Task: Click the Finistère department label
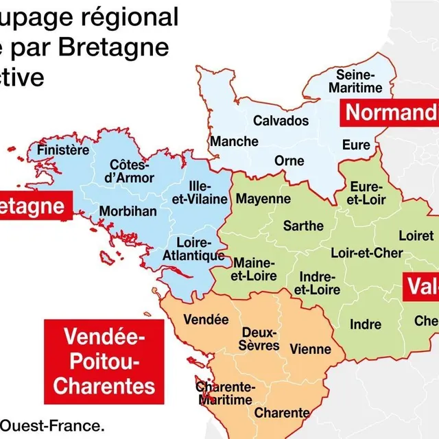[x=63, y=150]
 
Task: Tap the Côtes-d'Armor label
[x=129, y=171]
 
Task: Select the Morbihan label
[x=128, y=211]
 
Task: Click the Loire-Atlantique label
[x=193, y=249]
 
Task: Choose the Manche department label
[x=234, y=142]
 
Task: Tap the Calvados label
[x=281, y=121]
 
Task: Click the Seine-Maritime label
[x=355, y=82]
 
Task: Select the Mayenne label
[x=263, y=199]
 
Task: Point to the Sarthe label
[x=303, y=225]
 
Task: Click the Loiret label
[x=416, y=235]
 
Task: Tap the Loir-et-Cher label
[x=367, y=253]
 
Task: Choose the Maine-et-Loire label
[x=255, y=270]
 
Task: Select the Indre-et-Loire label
[x=317, y=283]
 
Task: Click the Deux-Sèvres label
[x=260, y=338]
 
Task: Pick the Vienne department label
[x=310, y=349]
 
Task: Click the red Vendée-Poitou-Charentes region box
[x=104, y=361]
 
